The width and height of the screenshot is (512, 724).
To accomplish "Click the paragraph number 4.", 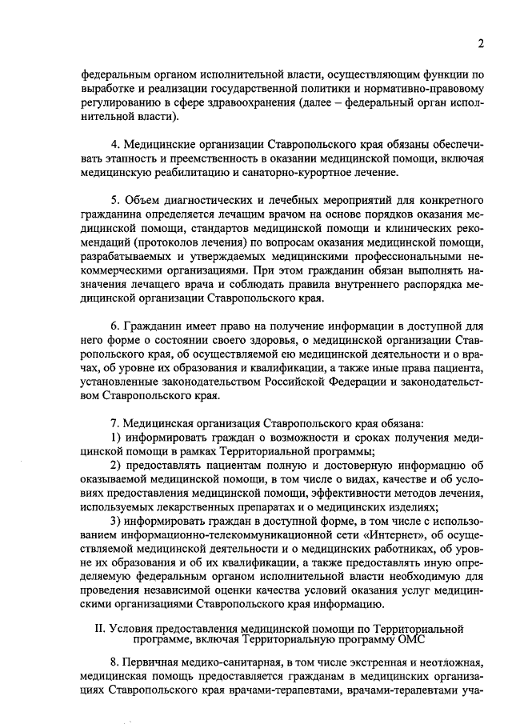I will (x=115, y=144).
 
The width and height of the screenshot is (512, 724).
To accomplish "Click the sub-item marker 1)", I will (x=117, y=438).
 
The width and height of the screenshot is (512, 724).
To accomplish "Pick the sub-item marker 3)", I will (x=117, y=521).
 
